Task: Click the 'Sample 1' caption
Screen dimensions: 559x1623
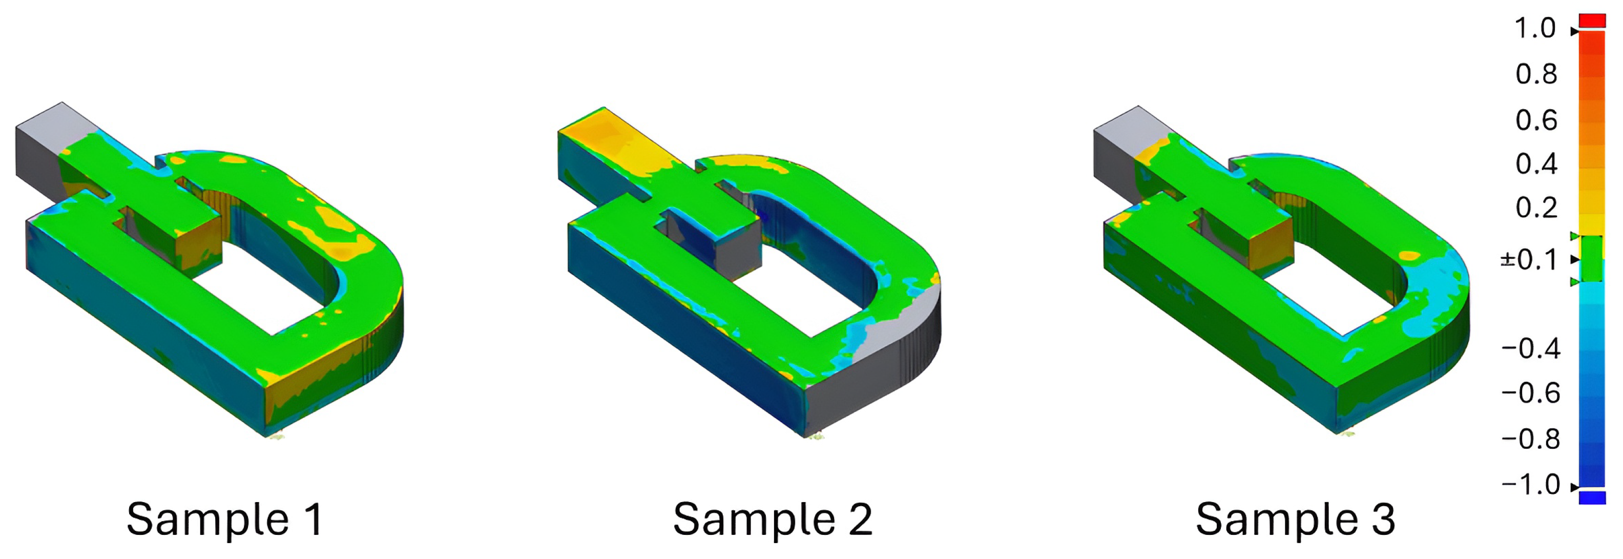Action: click(x=225, y=520)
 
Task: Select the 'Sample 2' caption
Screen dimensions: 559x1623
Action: click(x=773, y=520)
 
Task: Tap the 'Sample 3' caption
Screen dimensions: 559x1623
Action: click(x=1295, y=520)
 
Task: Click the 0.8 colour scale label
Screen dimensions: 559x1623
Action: click(x=1536, y=74)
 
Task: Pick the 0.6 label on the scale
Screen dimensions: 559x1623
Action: click(x=1536, y=120)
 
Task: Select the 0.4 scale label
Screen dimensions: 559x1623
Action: click(x=1536, y=164)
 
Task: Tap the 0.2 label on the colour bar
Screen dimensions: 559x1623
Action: click(x=1536, y=208)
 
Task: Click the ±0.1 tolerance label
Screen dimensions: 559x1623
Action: click(x=1529, y=260)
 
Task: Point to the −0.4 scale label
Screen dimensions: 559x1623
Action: click(x=1530, y=348)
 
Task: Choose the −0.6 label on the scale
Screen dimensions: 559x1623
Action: click(x=1530, y=394)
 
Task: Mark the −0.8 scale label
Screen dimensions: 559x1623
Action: click(x=1530, y=439)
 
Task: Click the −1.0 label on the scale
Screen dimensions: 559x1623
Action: click(x=1530, y=485)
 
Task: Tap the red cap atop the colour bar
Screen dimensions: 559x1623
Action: click(x=1592, y=20)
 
